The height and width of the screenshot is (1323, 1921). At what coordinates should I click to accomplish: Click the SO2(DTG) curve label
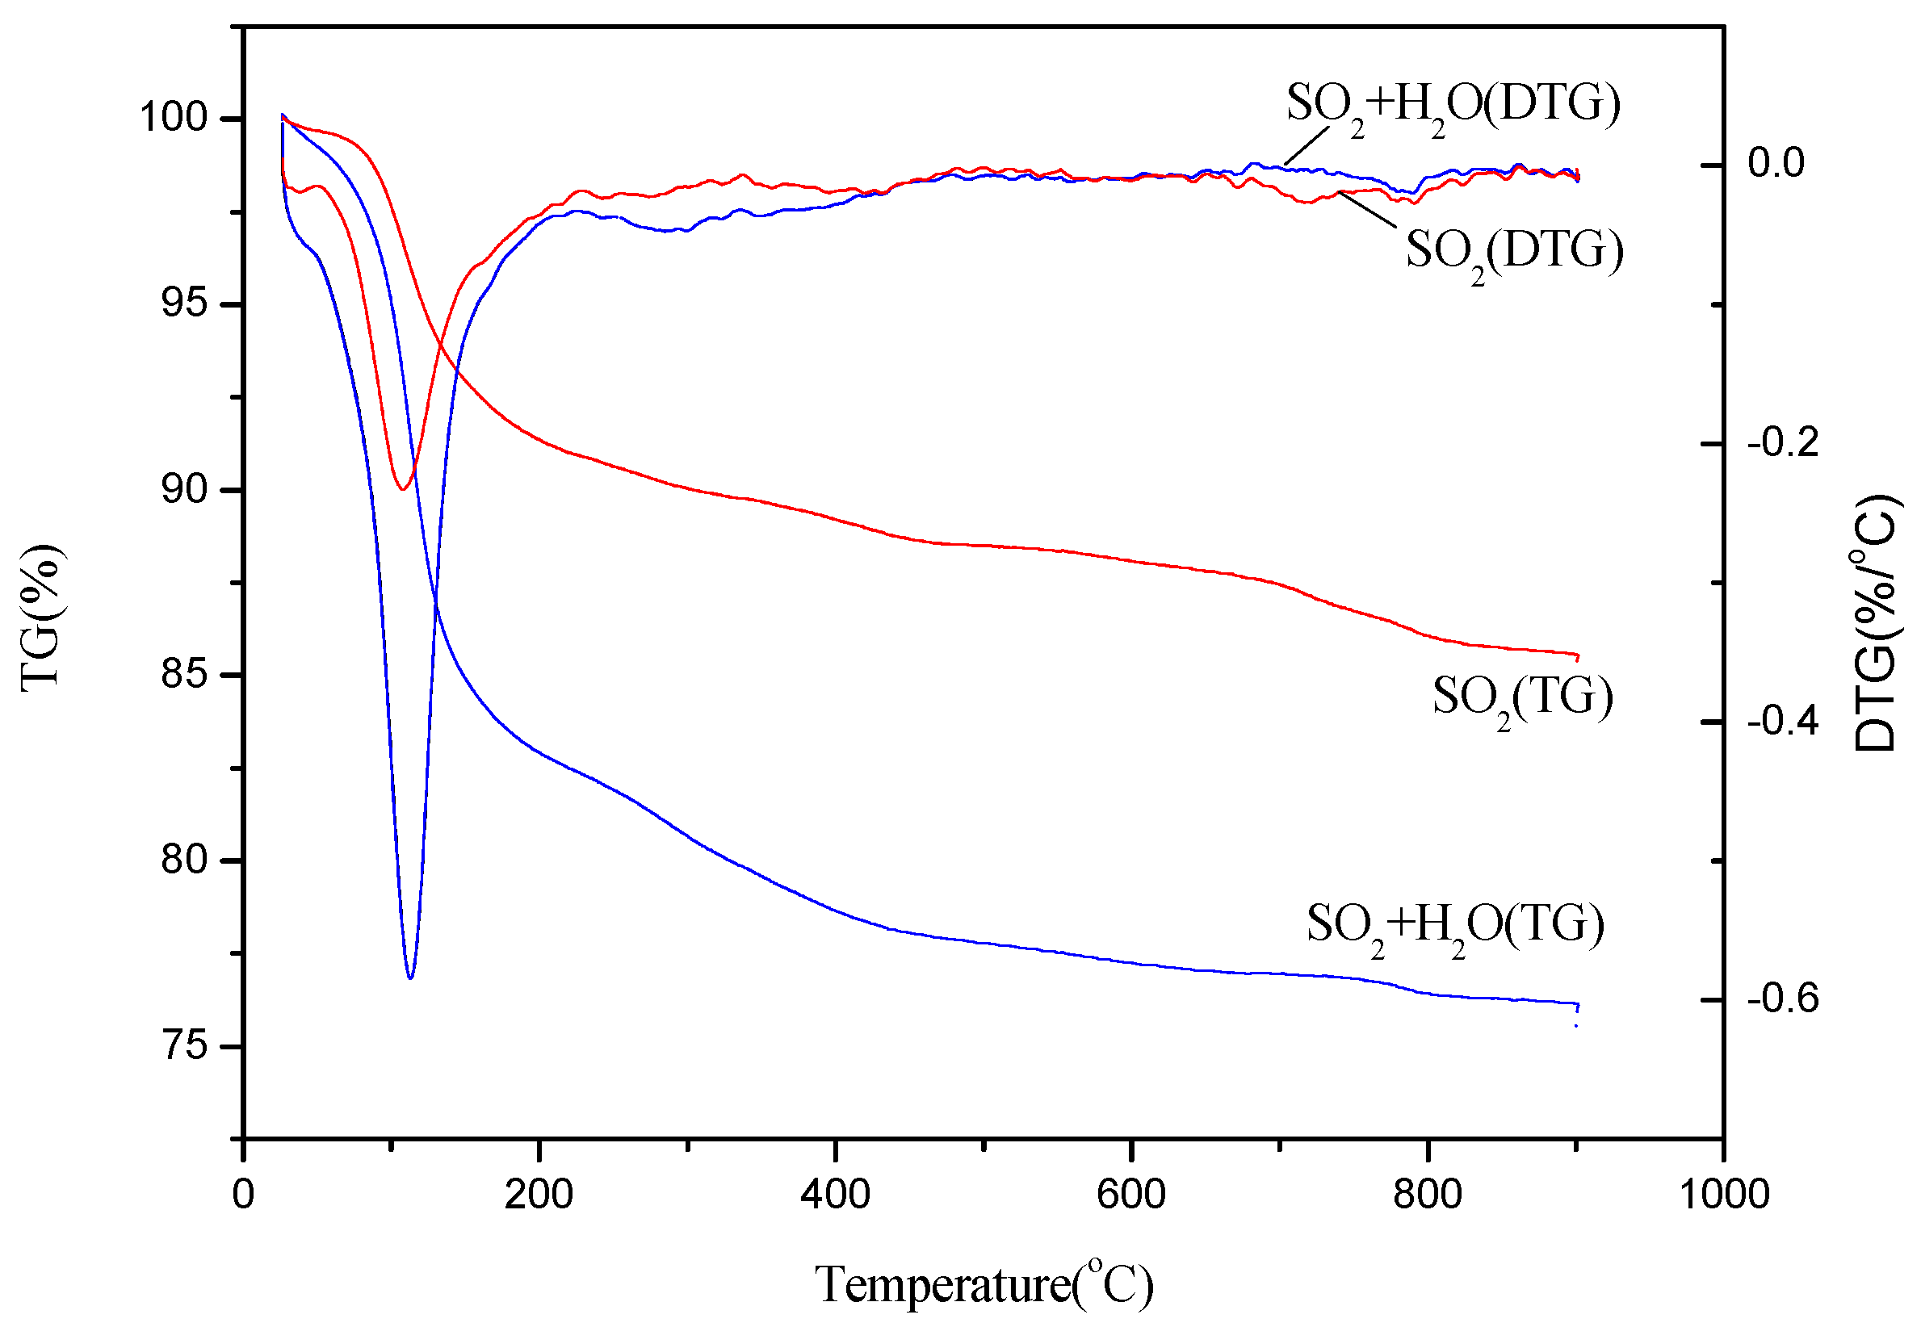[1514, 253]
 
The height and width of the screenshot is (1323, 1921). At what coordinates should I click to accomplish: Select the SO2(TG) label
[1522, 699]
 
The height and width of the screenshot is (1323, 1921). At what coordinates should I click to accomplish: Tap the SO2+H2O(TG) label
[1455, 927]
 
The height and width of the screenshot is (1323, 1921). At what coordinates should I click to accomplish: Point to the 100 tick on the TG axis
[174, 118]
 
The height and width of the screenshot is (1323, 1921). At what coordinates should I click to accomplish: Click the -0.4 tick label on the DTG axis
[1783, 722]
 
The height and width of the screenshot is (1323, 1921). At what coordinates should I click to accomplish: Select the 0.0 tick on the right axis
[1776, 163]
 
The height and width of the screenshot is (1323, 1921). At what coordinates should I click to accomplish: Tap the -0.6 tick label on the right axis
[1783, 999]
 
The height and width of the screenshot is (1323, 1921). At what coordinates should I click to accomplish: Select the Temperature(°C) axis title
[984, 1285]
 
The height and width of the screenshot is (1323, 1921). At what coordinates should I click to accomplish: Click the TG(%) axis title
[40, 618]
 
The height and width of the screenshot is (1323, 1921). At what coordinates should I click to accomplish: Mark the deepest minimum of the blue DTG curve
[410, 978]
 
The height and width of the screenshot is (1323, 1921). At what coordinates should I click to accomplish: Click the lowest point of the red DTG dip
[403, 489]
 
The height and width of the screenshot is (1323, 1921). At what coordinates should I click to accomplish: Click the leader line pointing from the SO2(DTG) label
[1368, 210]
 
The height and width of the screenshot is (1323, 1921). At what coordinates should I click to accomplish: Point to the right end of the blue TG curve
[1577, 1004]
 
